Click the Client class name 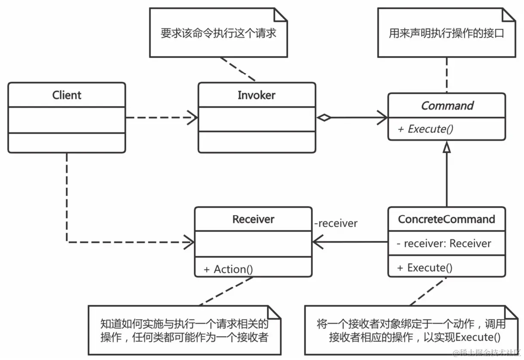tap(67, 95)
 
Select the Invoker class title tap(256, 95)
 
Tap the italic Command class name tap(447, 106)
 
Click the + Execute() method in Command tap(425, 129)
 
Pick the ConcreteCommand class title tap(447, 219)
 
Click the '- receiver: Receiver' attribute tap(444, 243)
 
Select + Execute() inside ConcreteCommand tap(425, 268)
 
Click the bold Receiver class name tap(253, 219)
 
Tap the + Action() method tap(228, 270)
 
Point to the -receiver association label tap(336, 224)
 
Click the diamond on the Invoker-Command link tap(324, 117)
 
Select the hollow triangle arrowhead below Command tap(447, 149)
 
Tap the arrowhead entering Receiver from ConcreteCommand tap(319, 242)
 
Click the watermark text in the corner tap(487, 353)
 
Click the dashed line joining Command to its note tap(447, 75)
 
